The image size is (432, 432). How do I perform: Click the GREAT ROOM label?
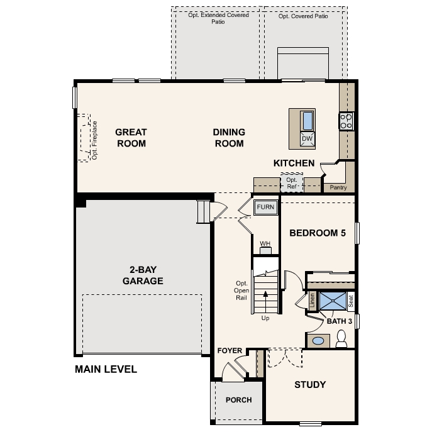click(131, 138)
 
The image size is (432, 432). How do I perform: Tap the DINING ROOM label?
click(228, 138)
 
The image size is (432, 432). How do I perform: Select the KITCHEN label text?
click(294, 163)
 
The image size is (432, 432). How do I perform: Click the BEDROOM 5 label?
click(318, 233)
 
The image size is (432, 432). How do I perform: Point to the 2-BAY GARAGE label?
click(143, 275)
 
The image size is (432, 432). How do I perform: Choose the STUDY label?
click(310, 384)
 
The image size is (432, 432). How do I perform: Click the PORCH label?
click(238, 400)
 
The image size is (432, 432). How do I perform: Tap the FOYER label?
click(230, 350)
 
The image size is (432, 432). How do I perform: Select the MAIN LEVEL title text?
click(106, 369)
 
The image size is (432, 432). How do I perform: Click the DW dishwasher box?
click(307, 138)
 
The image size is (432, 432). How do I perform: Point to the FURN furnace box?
click(265, 207)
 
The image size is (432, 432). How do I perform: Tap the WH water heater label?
click(265, 243)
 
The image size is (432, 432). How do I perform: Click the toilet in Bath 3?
click(341, 341)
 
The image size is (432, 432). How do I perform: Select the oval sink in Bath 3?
click(319, 341)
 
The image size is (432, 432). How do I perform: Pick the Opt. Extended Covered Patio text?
click(218, 18)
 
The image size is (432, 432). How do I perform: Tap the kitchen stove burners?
click(346, 120)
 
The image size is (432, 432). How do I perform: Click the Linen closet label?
click(313, 301)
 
